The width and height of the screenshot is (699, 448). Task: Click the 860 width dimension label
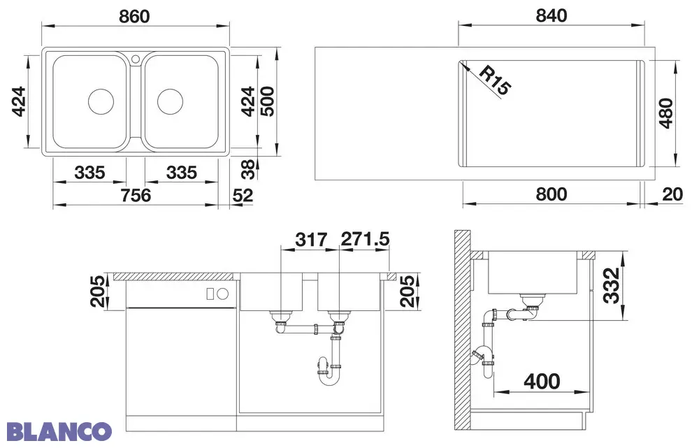[x=134, y=17]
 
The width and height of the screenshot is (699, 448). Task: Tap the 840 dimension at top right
[x=552, y=15]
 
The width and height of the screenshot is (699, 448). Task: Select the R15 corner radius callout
[x=496, y=80]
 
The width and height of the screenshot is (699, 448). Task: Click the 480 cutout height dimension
[x=665, y=113]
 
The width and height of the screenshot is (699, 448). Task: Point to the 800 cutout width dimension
[x=552, y=194]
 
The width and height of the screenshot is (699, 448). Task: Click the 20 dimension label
[x=672, y=194]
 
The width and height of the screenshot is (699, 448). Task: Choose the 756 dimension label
[x=136, y=195]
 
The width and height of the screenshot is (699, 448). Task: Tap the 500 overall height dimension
[x=267, y=101]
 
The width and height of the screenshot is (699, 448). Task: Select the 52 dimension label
[x=243, y=195]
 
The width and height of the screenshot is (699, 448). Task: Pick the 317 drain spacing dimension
[x=311, y=240]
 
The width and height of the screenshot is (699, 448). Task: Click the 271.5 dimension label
[x=365, y=239]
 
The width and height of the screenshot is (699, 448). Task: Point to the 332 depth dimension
[x=611, y=285]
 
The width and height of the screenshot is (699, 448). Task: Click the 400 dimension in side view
[x=542, y=382]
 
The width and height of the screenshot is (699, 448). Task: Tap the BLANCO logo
[x=59, y=431]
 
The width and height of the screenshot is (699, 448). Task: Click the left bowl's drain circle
[x=101, y=101]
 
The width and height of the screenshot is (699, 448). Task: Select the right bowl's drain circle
[x=170, y=101]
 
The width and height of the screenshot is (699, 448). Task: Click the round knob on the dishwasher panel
[x=222, y=294]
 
